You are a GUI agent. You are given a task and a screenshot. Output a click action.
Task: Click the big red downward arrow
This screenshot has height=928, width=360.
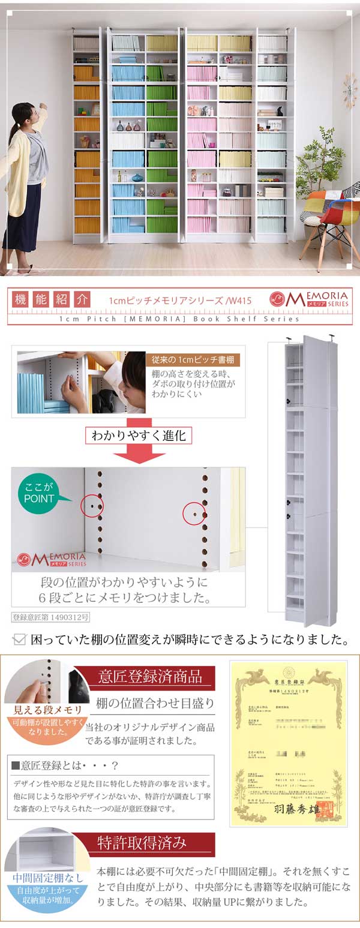[139, 454]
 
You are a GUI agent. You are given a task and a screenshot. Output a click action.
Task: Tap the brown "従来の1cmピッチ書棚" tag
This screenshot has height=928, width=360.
[193, 360]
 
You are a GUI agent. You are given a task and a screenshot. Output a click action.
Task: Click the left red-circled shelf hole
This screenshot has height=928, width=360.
[92, 506]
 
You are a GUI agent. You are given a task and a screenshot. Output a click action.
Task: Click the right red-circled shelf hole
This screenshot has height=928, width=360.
[194, 514]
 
